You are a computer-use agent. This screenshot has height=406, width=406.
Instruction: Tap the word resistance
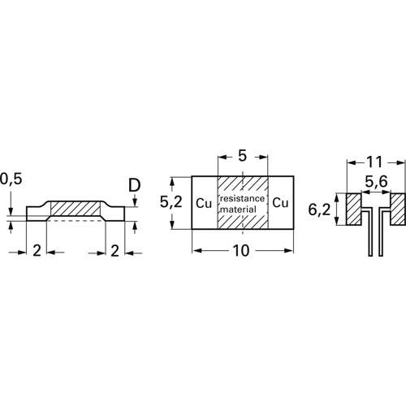tap(242, 197)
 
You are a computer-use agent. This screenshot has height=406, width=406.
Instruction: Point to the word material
tap(242, 209)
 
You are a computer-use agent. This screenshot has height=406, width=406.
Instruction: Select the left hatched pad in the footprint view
tap(356, 209)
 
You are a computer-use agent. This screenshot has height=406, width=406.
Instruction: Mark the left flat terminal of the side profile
tap(37, 214)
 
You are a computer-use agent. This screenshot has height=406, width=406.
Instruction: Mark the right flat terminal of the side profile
tap(115, 214)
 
